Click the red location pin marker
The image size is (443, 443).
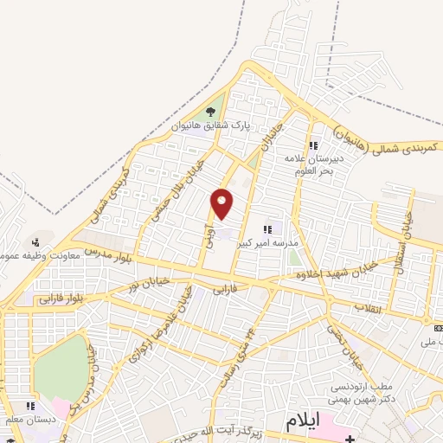(222, 202)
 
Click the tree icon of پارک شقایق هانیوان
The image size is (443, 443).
(211, 112)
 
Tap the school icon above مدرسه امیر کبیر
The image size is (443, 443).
(267, 228)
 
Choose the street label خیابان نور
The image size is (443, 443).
(144, 279)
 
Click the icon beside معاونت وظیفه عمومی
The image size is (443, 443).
(35, 241)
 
